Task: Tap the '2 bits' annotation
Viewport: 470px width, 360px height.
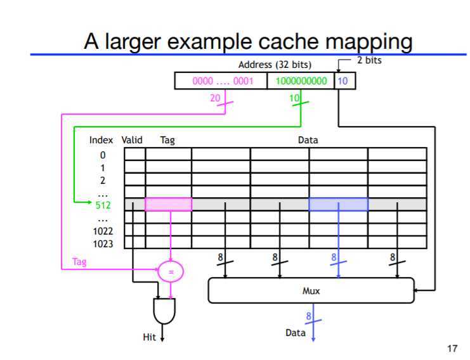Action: point(369,60)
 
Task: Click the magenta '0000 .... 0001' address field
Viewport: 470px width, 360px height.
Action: point(222,81)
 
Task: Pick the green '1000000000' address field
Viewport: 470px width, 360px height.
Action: point(301,81)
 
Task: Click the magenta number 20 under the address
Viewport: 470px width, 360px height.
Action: point(215,98)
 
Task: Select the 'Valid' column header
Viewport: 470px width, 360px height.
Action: point(132,140)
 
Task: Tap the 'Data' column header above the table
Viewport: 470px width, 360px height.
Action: point(308,140)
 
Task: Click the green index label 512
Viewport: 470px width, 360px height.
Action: point(103,205)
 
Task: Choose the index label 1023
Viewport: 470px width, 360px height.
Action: point(103,243)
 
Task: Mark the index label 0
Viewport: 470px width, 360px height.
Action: point(103,155)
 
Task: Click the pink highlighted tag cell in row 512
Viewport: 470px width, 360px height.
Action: point(168,204)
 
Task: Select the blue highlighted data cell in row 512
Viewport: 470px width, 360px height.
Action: point(338,204)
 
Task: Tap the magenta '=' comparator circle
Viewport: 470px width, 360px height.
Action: point(170,271)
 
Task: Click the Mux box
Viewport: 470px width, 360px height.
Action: point(311,291)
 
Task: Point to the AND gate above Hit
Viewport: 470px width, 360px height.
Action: point(164,311)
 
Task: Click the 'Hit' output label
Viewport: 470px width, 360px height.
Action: point(149,338)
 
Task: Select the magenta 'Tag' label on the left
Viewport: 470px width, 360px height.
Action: point(79,262)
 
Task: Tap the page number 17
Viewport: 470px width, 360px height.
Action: point(452,348)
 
